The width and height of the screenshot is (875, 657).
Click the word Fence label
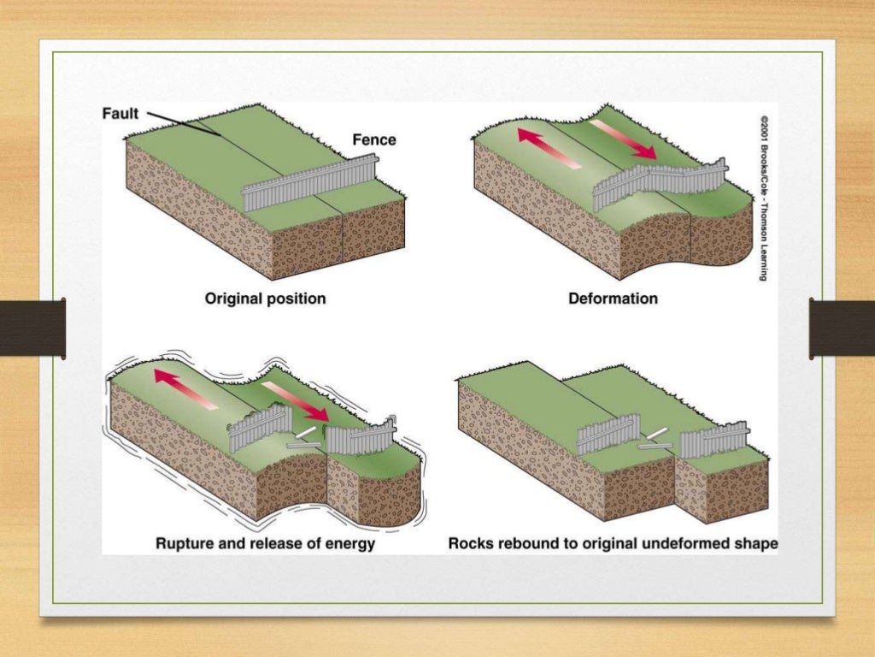click(373, 139)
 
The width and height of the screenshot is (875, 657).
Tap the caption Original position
click(265, 299)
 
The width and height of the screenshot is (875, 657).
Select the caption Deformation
click(613, 299)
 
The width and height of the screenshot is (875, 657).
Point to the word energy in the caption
click(346, 544)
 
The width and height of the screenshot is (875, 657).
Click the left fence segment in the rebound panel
click(608, 435)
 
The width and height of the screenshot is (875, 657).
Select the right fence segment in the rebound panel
click(714, 438)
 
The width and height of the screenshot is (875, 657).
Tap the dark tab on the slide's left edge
click(32, 328)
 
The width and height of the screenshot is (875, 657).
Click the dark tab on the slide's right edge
click(842, 328)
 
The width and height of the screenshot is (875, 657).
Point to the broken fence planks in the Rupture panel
click(303, 439)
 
